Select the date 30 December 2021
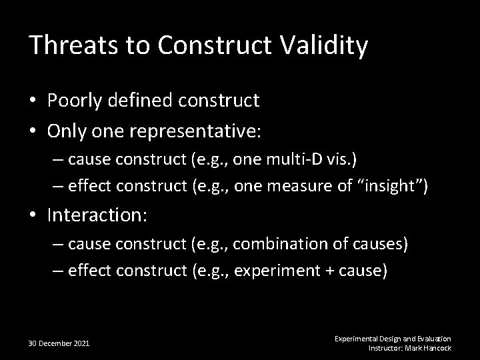(x=59, y=343)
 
